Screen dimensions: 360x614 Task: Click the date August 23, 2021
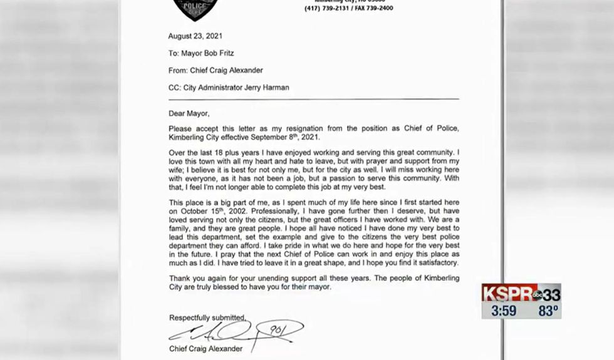[x=195, y=36]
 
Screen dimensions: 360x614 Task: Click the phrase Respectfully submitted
[x=207, y=317]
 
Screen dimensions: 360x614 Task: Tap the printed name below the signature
[x=206, y=349]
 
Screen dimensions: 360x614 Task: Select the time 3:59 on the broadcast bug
[x=504, y=311]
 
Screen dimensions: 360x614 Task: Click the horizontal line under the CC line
[x=313, y=99]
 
